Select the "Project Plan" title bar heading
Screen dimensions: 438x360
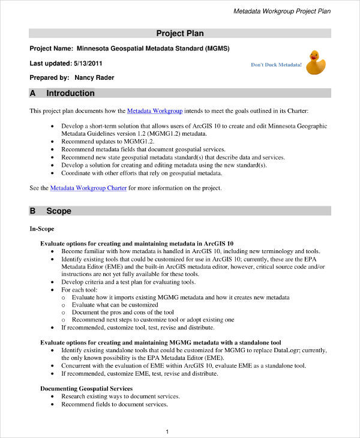179,33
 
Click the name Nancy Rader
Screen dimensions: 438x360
94,77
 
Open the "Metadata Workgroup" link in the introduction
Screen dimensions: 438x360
154,111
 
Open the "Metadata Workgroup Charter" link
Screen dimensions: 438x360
88,188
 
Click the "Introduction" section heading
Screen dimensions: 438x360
70,93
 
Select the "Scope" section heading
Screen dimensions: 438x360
59,211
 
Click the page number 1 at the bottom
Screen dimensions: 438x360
167,431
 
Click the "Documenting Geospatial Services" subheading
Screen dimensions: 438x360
86,389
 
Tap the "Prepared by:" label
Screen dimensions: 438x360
49,77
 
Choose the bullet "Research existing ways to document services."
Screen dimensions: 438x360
121,397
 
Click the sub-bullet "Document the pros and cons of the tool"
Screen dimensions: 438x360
122,312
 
